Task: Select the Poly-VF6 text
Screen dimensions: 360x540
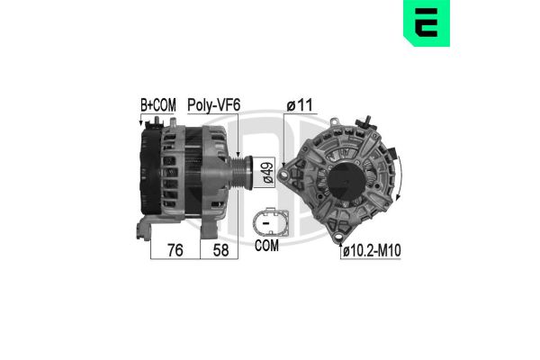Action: coord(212,105)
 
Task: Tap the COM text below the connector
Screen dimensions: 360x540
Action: coord(267,245)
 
